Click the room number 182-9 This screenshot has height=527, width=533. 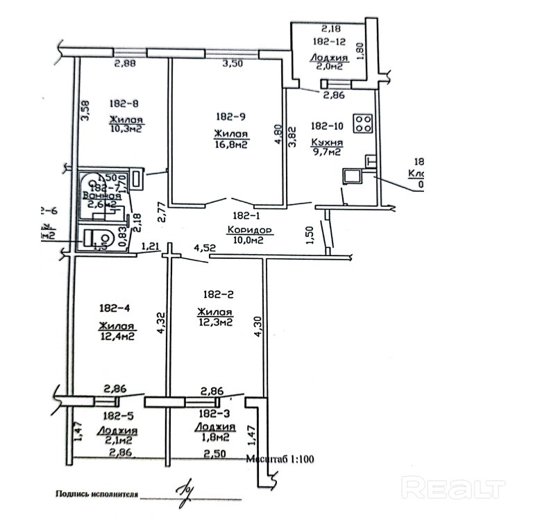click(229, 116)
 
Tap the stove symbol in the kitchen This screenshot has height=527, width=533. click(363, 123)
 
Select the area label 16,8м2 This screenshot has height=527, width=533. click(232, 144)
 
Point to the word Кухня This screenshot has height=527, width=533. click(325, 140)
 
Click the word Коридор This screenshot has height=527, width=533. click(248, 230)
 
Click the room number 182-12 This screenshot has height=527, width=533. click(328, 42)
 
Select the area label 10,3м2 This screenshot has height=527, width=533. click(125, 130)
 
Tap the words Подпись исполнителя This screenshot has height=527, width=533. click(96, 495)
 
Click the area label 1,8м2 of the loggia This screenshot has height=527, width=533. click(212, 437)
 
